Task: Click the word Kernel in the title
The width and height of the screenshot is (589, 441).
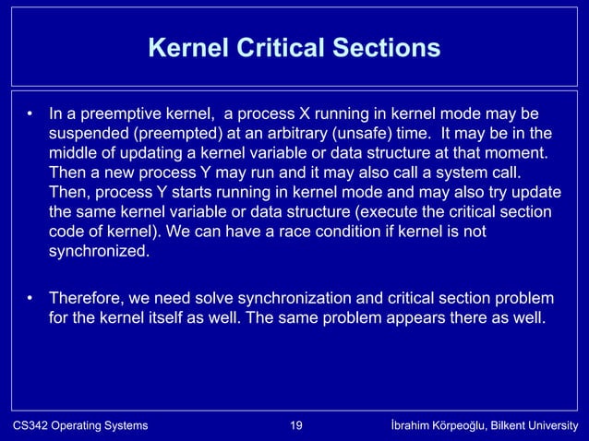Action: (x=192, y=47)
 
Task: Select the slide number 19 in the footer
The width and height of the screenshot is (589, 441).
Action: (x=296, y=426)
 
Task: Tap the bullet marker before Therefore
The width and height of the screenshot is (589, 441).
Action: (x=30, y=299)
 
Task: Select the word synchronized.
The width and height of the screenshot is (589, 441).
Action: (x=98, y=251)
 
